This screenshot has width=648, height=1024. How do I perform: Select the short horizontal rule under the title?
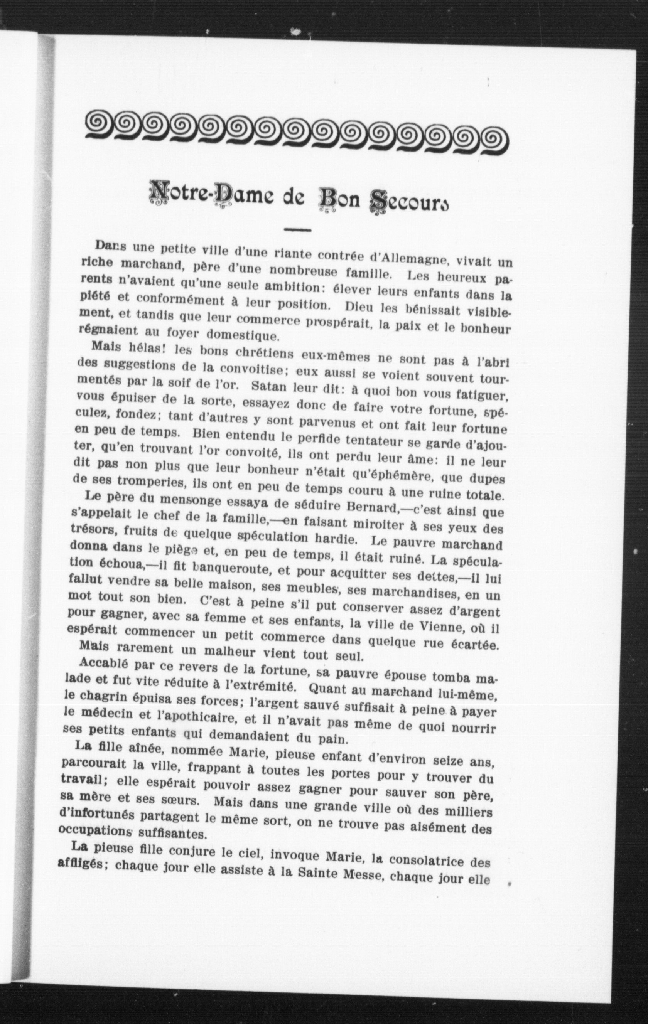click(297, 231)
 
